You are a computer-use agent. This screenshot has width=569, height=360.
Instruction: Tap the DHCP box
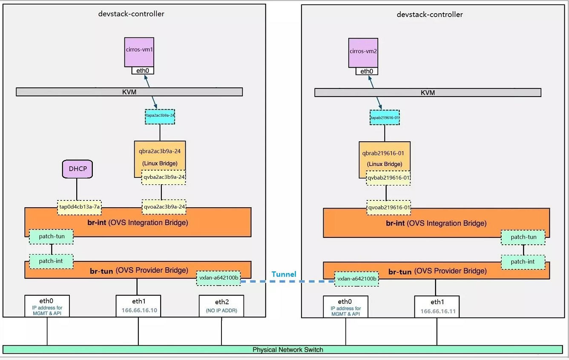coord(78,169)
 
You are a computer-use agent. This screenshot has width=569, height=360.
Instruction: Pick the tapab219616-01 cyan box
coord(384,118)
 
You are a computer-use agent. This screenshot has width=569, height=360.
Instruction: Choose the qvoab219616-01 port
coord(388,208)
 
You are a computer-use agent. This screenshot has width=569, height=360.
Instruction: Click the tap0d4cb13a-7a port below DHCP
coord(80,207)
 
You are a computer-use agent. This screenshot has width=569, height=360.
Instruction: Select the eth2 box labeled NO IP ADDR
coord(221,306)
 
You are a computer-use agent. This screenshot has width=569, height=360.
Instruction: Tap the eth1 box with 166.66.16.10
coord(138,306)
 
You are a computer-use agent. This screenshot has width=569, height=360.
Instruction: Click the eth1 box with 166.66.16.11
coord(437,307)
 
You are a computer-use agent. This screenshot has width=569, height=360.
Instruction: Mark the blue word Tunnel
coord(284,274)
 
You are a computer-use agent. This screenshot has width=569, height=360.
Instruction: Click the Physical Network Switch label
coord(287,350)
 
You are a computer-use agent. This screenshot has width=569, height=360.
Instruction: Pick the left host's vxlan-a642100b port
coord(219,278)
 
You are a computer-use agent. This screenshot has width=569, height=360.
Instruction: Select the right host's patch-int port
coord(523,262)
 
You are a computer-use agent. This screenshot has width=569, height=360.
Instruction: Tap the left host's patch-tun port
coord(51,237)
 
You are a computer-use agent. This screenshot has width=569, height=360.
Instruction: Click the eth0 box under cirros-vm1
coord(142,70)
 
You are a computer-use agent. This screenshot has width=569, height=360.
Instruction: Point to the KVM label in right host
coord(428,92)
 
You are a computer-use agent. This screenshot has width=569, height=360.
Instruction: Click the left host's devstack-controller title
coord(131,14)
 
